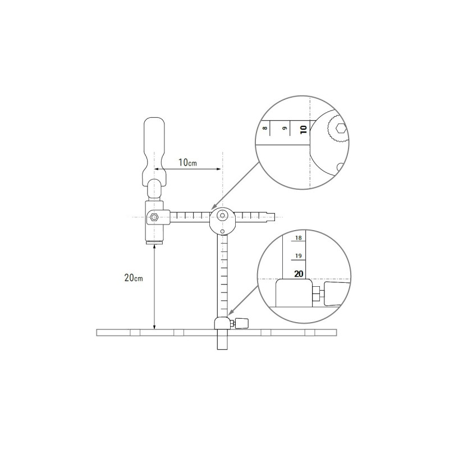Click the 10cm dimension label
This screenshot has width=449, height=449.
[x=187, y=162]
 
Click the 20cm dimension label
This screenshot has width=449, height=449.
[x=134, y=277]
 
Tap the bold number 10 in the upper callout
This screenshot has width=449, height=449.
[x=304, y=130]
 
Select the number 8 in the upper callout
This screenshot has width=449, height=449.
[x=265, y=128]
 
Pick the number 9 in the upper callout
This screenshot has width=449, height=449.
[x=285, y=128]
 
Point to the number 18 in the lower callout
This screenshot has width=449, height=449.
[x=299, y=237]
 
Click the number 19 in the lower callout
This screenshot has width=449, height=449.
[x=299, y=256]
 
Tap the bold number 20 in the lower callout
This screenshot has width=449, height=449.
[x=299, y=274]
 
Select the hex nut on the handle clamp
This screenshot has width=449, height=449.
[x=154, y=217]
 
